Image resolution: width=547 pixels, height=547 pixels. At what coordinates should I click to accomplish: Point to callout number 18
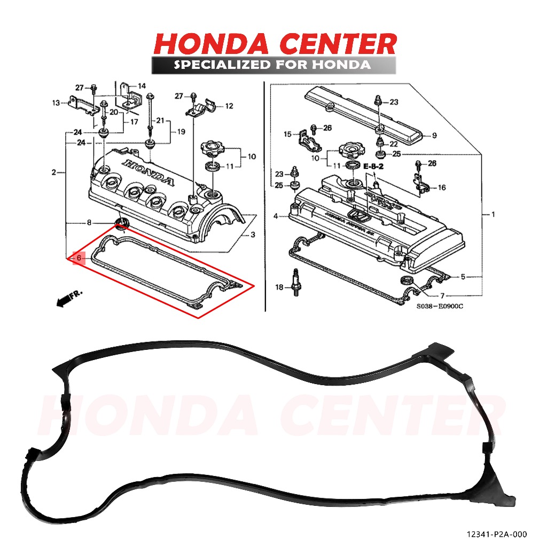click(x=279, y=288)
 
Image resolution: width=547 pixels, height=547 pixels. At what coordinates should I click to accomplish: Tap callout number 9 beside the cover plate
click(x=434, y=136)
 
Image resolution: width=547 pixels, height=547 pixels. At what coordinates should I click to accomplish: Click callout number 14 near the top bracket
click(x=142, y=86)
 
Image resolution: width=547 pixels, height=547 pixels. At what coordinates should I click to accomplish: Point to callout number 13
click(x=56, y=103)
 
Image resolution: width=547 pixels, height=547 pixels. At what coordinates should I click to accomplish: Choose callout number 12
click(x=229, y=106)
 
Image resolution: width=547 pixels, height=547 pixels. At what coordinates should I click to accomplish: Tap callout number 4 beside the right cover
click(x=276, y=216)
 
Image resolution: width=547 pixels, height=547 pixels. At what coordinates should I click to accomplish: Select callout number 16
click(x=442, y=187)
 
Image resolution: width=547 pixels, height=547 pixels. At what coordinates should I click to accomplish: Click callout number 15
click(x=287, y=134)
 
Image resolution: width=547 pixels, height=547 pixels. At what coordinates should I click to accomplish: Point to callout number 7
click(x=442, y=295)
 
